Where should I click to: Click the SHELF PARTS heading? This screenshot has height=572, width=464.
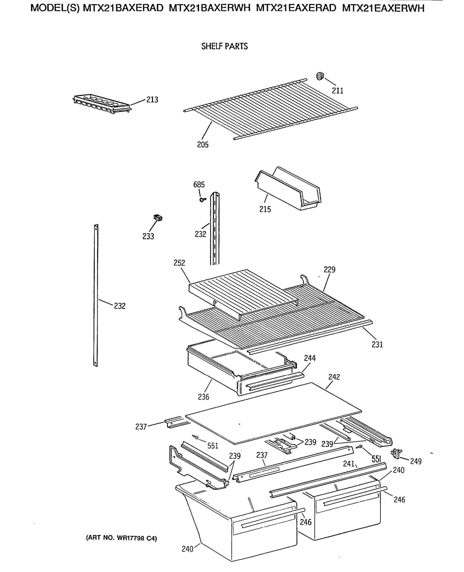[224, 46]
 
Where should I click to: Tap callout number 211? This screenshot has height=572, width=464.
[338, 91]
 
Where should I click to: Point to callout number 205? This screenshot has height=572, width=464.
[203, 145]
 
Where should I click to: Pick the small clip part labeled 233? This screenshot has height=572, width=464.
[158, 218]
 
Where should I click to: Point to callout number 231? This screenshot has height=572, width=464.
[377, 345]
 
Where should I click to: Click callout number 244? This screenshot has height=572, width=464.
[310, 358]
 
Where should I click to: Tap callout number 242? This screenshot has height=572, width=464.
[334, 377]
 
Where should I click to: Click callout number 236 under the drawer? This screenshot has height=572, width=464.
[203, 397]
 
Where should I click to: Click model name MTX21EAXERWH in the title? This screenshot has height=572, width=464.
[383, 9]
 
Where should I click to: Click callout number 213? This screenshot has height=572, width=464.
[152, 100]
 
